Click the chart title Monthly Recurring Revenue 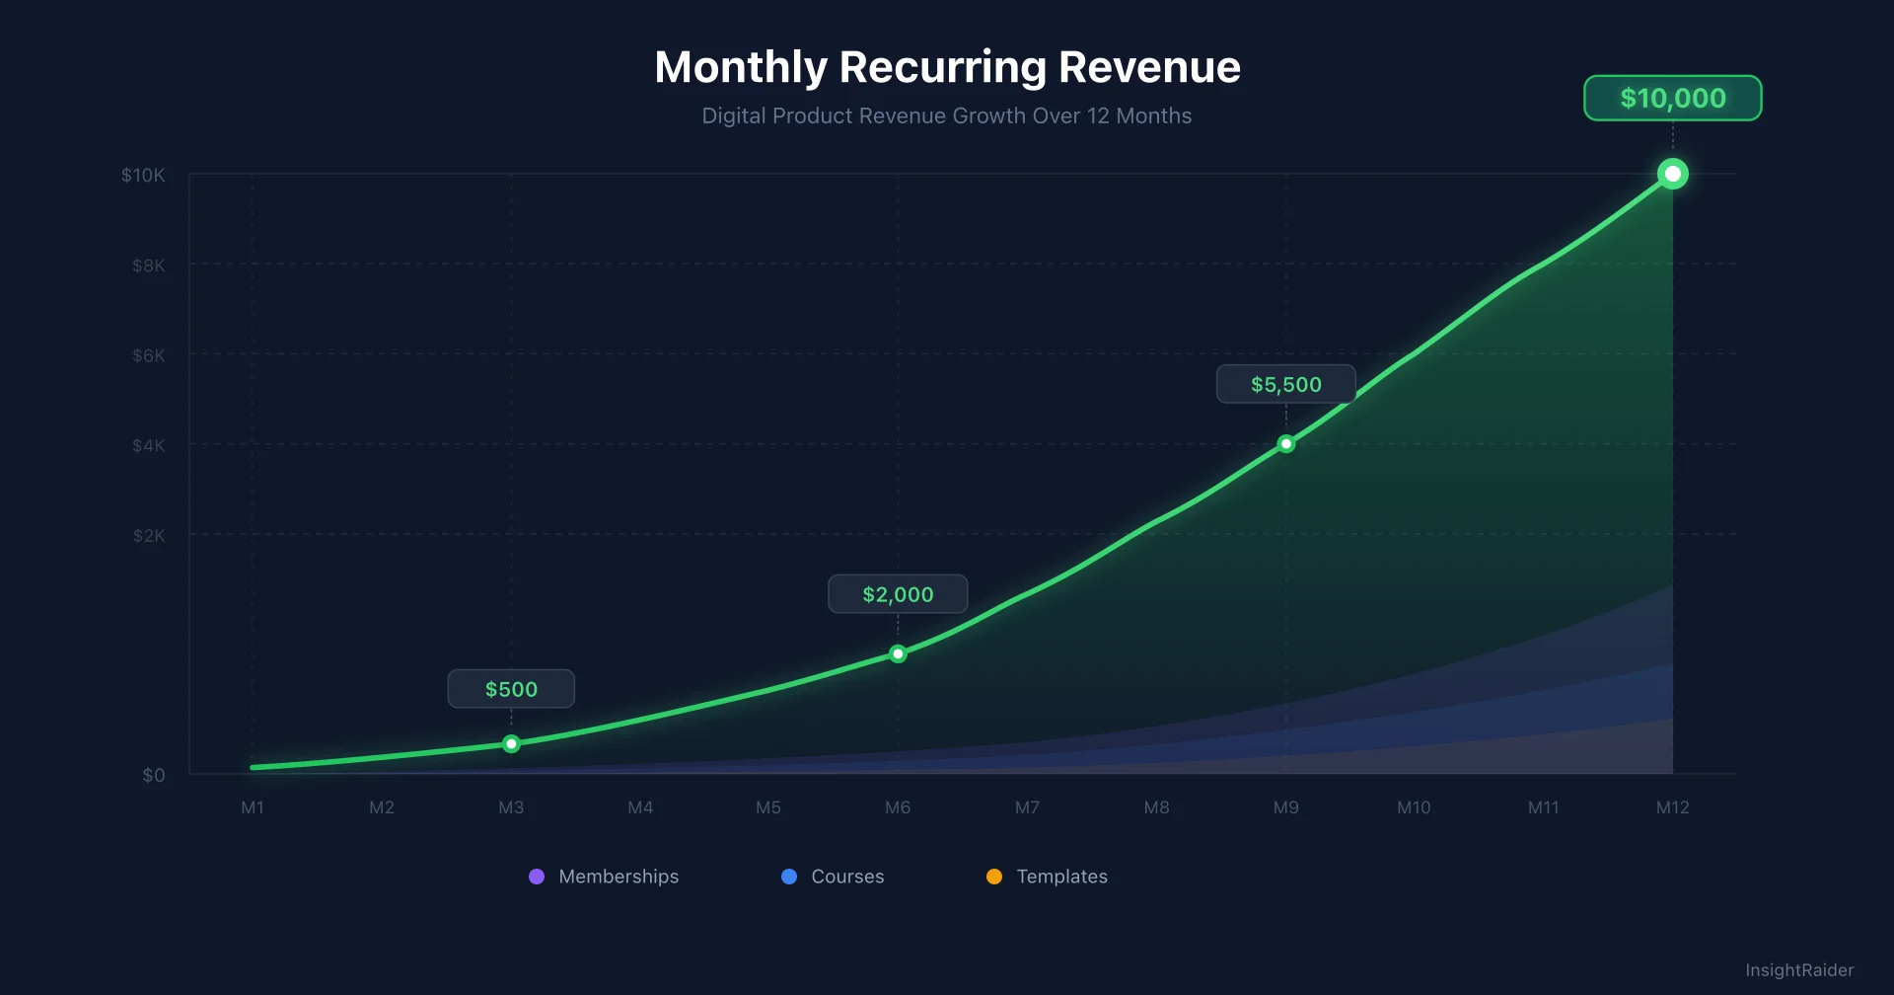click(x=947, y=67)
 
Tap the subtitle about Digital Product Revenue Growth click(x=946, y=115)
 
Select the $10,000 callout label click(x=1672, y=98)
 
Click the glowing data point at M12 click(x=1672, y=174)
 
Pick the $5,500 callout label click(x=1285, y=384)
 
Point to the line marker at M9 click(x=1285, y=444)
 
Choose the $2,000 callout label click(x=898, y=594)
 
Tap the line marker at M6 click(x=898, y=653)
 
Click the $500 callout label click(x=511, y=689)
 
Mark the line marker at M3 click(x=511, y=744)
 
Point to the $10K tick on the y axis click(x=143, y=175)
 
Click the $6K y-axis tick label click(x=149, y=355)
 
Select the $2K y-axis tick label click(x=149, y=536)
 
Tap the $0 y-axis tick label click(x=153, y=775)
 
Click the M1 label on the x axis click(x=253, y=807)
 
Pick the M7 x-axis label click(x=1027, y=807)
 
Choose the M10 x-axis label click(x=1414, y=807)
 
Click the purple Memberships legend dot click(x=537, y=877)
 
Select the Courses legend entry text click(x=847, y=877)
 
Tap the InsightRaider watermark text click(x=1798, y=970)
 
